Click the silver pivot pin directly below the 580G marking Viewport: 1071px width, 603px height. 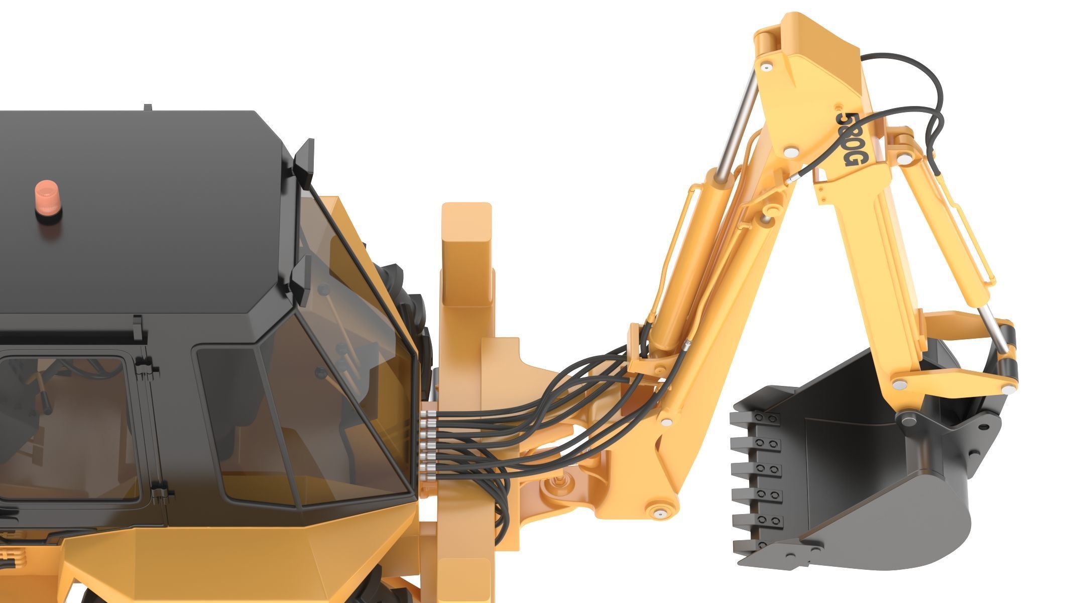791,150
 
